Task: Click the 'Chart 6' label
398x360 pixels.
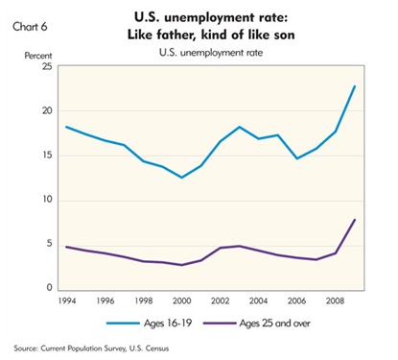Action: click(x=30, y=27)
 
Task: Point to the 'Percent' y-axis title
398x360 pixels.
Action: click(x=38, y=56)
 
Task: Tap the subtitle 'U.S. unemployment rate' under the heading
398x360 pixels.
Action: click(x=211, y=53)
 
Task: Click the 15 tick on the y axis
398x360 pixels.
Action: click(x=47, y=156)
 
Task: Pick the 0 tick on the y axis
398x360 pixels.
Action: click(x=49, y=287)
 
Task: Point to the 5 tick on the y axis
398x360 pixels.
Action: click(x=49, y=244)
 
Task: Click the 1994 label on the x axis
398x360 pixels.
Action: click(x=67, y=301)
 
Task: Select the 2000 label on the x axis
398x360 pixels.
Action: click(x=182, y=301)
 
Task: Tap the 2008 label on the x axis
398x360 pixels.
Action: click(x=336, y=301)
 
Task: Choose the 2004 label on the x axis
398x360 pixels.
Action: click(x=259, y=301)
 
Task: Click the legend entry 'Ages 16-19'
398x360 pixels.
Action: click(x=150, y=324)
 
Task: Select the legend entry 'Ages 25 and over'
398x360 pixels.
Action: click(x=256, y=324)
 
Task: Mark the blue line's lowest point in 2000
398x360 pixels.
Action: click(x=182, y=178)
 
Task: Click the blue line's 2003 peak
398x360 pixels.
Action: click(x=240, y=127)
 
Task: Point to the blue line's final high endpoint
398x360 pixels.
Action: click(x=355, y=85)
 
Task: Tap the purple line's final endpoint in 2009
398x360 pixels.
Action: click(x=355, y=220)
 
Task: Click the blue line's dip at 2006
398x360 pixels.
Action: click(x=297, y=158)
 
